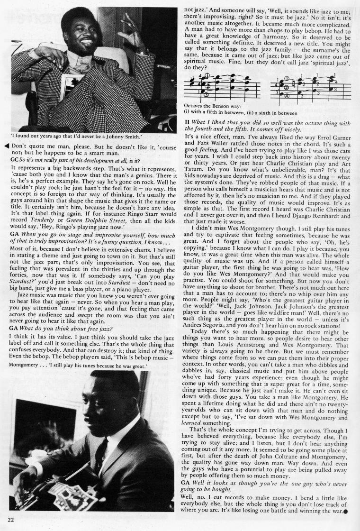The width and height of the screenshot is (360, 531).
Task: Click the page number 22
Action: coord(10,520)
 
